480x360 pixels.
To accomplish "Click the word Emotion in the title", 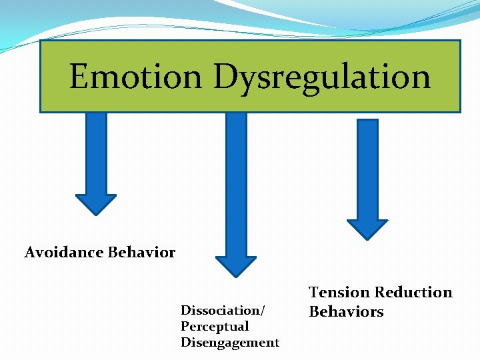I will click(x=135, y=76).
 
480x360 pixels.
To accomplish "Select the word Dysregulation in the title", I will click(x=321, y=77).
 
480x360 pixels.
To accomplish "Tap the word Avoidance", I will click(x=64, y=253).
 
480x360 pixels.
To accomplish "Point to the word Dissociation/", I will click(x=223, y=311).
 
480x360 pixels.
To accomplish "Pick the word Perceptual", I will click(x=214, y=327).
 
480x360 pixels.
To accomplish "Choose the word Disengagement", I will click(x=230, y=343).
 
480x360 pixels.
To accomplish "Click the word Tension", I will click(x=339, y=293).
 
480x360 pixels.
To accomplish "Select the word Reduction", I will click(x=413, y=293).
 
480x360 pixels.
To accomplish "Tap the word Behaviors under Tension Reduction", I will click(x=346, y=312).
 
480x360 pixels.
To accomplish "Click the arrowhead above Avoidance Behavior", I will click(x=96, y=203).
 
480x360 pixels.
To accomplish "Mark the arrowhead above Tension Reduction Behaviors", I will click(x=367, y=229).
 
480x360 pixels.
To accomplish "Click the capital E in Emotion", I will click(x=79, y=76).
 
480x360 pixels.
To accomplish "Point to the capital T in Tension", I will click(x=314, y=293).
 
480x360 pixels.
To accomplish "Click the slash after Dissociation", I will click(x=263, y=311).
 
